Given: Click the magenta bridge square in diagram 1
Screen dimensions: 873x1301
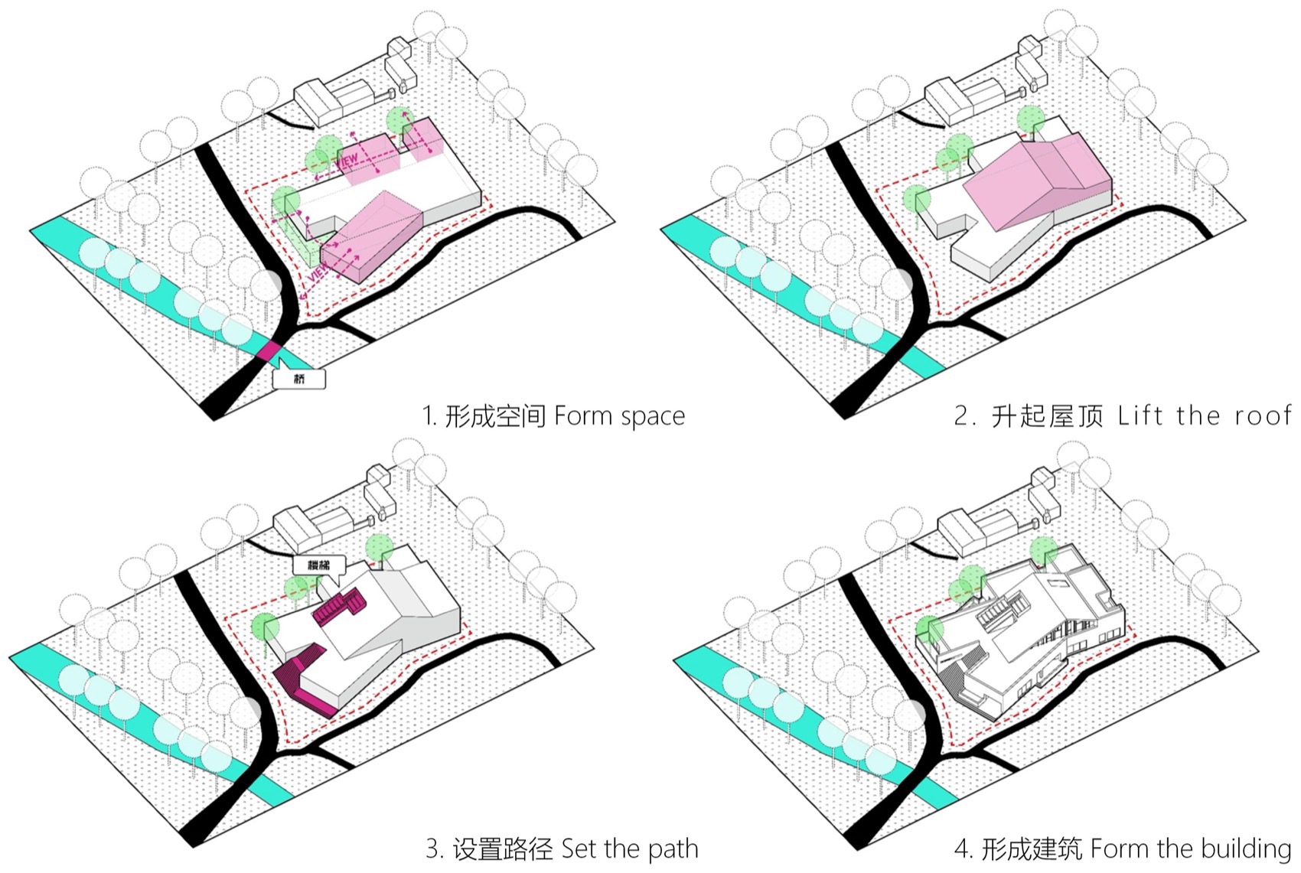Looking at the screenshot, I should pyautogui.click(x=269, y=351).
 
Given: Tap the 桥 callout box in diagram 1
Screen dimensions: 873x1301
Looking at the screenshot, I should pyautogui.click(x=299, y=379).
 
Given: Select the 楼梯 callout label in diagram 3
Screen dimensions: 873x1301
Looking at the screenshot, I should pyautogui.click(x=319, y=565).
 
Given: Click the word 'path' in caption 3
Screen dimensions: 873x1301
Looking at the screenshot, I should pyautogui.click(x=673, y=849).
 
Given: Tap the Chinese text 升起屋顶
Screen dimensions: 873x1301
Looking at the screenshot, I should pyautogui.click(x=1047, y=416).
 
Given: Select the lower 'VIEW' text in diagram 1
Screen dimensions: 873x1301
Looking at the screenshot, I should pyautogui.click(x=318, y=271).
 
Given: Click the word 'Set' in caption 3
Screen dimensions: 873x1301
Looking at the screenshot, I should pyautogui.click(x=579, y=849).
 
